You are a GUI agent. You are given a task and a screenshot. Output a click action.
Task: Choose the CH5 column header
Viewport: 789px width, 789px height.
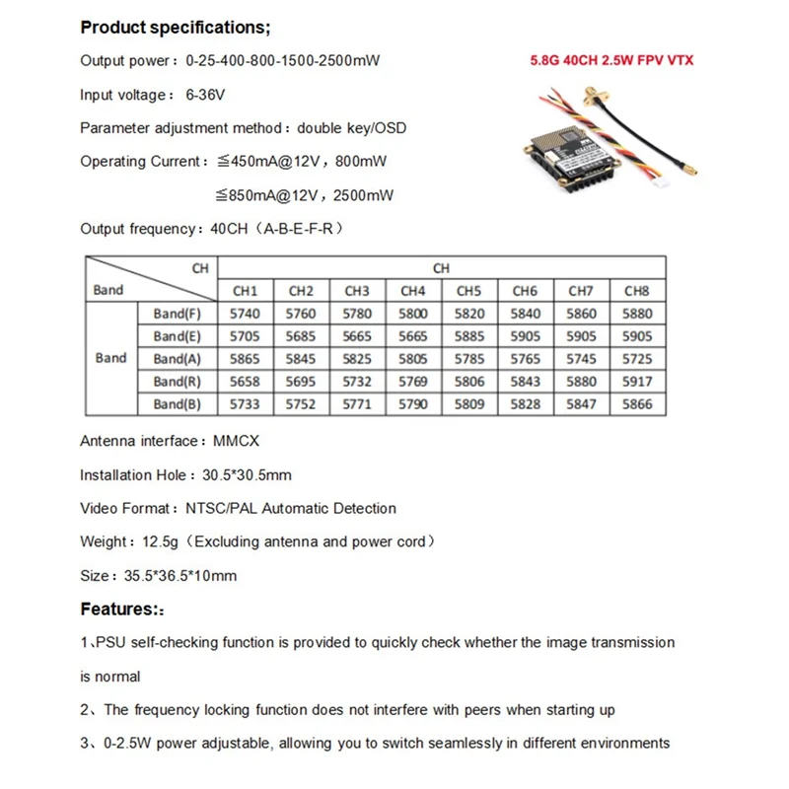pyautogui.click(x=469, y=291)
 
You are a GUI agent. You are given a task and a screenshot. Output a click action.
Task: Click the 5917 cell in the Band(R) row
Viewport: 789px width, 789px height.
pyautogui.click(x=638, y=382)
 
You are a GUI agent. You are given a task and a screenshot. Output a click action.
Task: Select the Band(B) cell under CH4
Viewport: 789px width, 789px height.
pyautogui.click(x=413, y=404)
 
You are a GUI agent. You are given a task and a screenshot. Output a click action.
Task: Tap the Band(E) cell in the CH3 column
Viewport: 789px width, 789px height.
pyautogui.click(x=357, y=336)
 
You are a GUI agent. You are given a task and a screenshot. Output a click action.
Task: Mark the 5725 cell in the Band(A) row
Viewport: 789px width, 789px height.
pyautogui.click(x=638, y=359)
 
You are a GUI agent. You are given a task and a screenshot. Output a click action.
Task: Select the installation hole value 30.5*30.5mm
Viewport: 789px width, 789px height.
pyautogui.click(x=247, y=475)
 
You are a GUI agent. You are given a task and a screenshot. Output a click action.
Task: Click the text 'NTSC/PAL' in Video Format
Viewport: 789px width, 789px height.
pyautogui.click(x=211, y=509)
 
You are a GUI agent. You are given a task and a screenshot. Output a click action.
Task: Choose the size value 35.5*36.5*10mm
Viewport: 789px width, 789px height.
pyautogui.click(x=179, y=575)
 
